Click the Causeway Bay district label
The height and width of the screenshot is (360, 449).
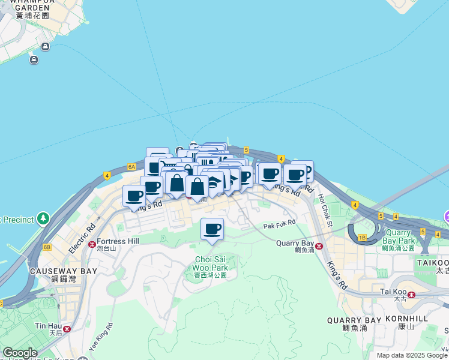click(63, 274)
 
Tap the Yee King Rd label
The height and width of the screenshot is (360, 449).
click(101, 338)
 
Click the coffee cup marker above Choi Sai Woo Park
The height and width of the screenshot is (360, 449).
click(211, 229)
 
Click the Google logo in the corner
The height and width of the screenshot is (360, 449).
click(20, 353)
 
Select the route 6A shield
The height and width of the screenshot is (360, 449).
click(131, 166)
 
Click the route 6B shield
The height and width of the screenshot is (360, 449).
click(47, 247)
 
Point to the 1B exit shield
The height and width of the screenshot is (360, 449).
click(361, 238)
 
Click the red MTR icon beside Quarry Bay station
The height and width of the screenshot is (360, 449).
click(319, 246)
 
